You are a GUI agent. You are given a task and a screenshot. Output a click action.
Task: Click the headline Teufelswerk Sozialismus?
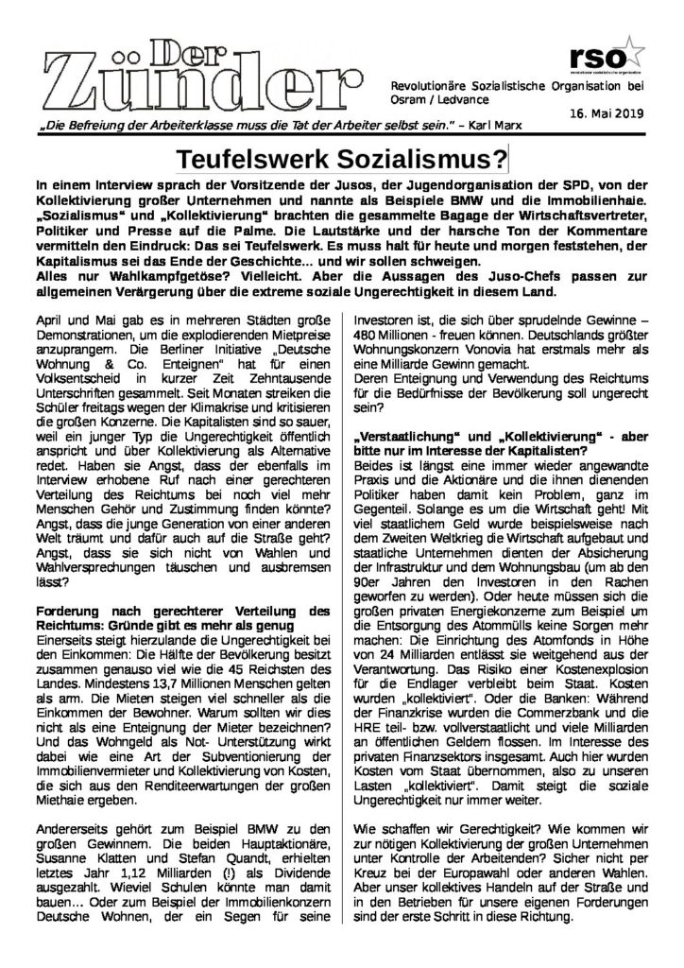pos(343,155)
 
